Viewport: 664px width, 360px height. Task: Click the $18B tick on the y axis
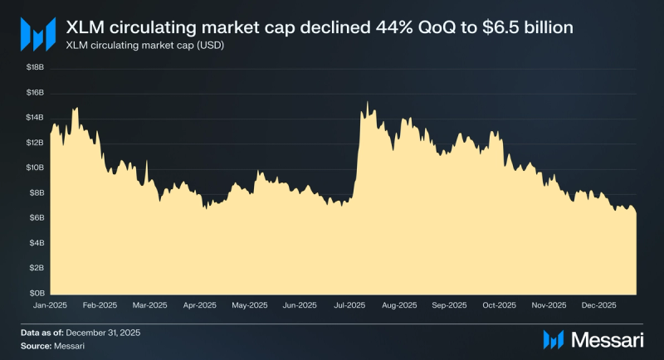[36, 67]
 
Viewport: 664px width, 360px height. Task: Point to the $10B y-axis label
[36, 168]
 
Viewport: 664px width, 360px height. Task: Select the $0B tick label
[37, 293]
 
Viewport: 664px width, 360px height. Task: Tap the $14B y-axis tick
[36, 118]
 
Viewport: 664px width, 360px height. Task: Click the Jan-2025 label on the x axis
[50, 305]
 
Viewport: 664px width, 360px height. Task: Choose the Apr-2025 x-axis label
[200, 305]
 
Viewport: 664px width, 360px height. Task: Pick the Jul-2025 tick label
[350, 305]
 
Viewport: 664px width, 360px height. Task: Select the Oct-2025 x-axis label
[500, 305]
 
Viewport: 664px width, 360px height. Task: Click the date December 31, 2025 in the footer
[102, 333]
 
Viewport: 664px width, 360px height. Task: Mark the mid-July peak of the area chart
[367, 102]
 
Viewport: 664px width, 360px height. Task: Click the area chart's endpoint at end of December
[637, 213]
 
